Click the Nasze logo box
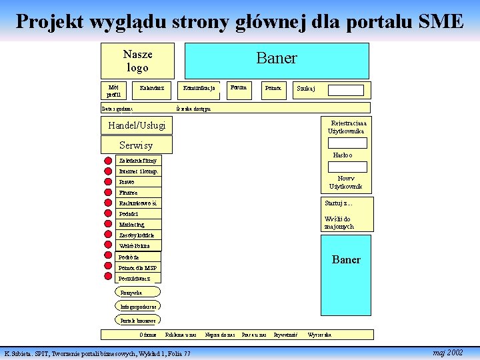point(137,61)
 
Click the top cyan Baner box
point(276,60)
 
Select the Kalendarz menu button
point(152,88)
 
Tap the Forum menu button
point(238,88)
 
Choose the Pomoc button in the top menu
point(273,88)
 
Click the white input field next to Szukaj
point(345,90)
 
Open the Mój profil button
point(113,90)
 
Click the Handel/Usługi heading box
point(136,125)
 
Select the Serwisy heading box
point(136,145)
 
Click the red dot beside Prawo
point(108,181)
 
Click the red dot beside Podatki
point(108,214)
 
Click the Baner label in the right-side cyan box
point(346,259)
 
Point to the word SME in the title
point(440,22)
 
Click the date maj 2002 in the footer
point(447,352)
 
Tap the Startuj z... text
point(338,203)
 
